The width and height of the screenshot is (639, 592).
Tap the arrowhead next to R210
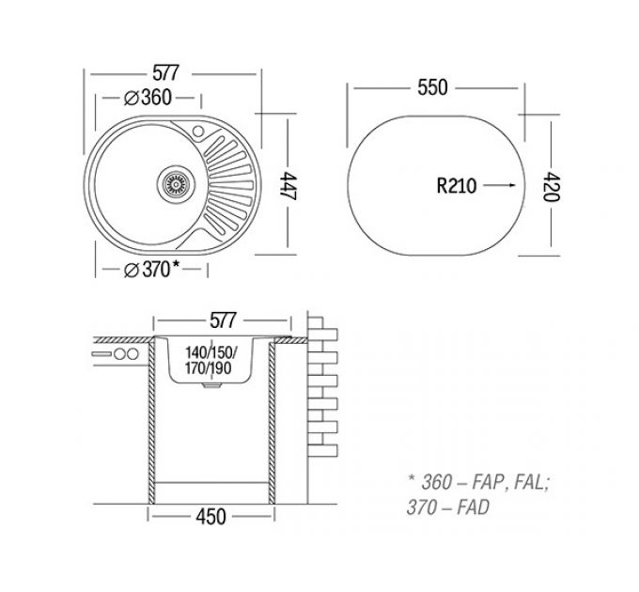[x=512, y=185]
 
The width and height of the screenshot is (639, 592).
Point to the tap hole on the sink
[x=198, y=128]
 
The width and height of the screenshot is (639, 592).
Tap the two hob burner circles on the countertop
[x=126, y=354]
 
